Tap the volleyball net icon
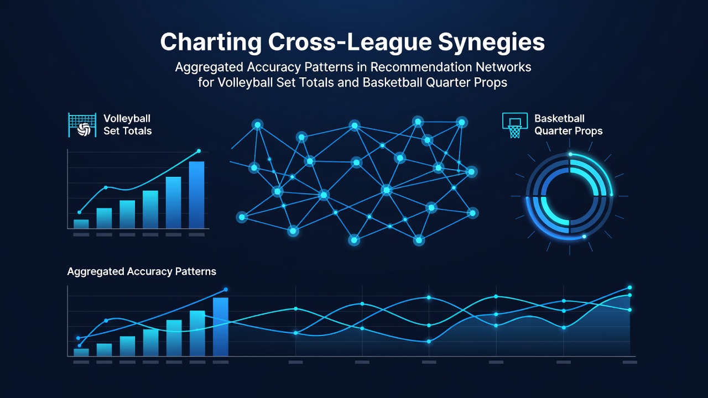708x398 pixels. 82,125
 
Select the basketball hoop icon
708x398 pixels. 515,125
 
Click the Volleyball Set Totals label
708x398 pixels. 128,124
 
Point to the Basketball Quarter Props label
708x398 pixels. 568,124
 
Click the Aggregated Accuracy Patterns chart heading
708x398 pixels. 142,271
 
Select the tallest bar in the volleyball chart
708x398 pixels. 196,195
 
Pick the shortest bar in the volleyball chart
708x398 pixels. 81,224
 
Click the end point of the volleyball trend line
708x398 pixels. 199,151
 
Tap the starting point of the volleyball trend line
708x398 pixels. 79,212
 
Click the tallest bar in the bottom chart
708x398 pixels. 221,327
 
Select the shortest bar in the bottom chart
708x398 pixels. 81,353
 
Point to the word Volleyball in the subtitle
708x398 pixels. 246,82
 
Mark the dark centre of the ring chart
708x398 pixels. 570,196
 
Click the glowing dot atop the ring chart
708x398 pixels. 570,154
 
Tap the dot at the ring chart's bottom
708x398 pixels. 584,237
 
